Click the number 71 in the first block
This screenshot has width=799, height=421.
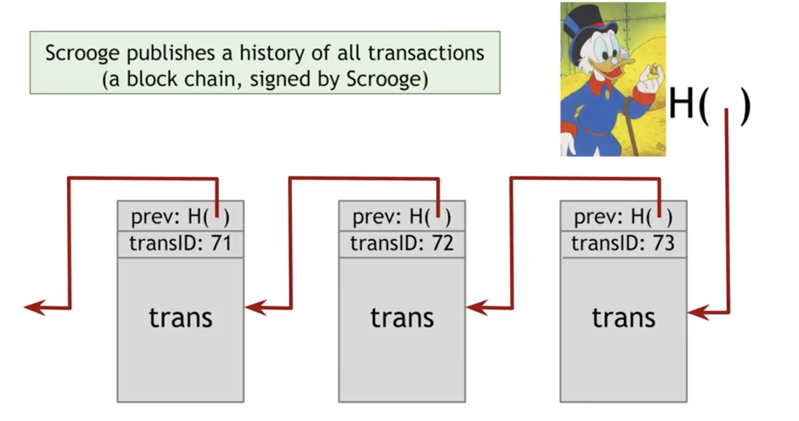221,243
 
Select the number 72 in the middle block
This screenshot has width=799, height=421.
443,243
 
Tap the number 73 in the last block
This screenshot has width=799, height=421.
664,243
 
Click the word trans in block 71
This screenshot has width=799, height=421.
181,318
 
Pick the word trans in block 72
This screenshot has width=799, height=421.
402,318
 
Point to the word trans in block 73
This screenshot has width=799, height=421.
623,318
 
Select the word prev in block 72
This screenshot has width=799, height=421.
377,217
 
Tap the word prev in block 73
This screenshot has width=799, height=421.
598,217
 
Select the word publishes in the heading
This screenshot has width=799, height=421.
171,54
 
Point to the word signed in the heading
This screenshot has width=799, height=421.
280,80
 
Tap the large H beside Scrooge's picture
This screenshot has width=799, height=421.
682,103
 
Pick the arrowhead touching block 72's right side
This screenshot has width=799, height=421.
477,307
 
